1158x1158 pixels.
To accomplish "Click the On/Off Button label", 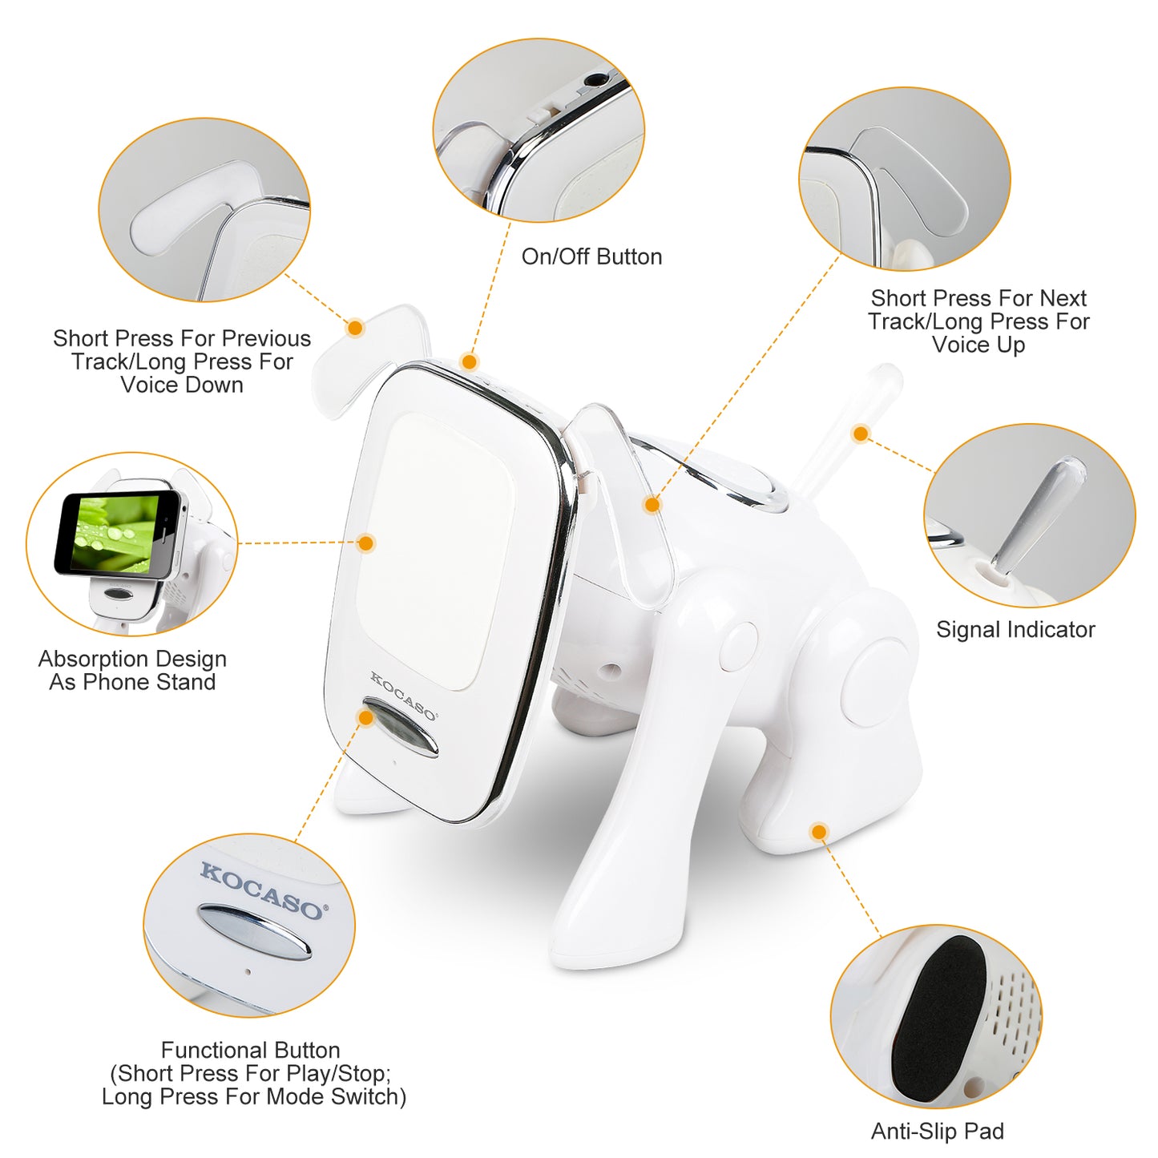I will pos(591,256).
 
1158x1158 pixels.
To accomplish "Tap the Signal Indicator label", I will pos(1015,630).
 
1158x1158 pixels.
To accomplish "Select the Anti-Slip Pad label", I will pos(937,1131).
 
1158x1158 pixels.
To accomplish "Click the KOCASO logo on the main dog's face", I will pos(402,696).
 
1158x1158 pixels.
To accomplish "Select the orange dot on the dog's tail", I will pos(861,434).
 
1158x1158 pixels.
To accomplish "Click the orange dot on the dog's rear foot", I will pos(818,832).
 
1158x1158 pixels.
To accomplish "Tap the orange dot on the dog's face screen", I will pos(366,543).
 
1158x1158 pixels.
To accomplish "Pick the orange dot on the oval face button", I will pos(366,717).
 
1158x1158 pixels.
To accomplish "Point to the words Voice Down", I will pos(182,385).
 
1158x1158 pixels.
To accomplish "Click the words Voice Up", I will pos(978,345).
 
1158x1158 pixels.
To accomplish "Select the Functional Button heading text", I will pos(250,1050).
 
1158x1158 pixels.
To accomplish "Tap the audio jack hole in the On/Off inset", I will pos(595,80).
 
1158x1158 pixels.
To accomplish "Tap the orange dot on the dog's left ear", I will pos(356,327).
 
